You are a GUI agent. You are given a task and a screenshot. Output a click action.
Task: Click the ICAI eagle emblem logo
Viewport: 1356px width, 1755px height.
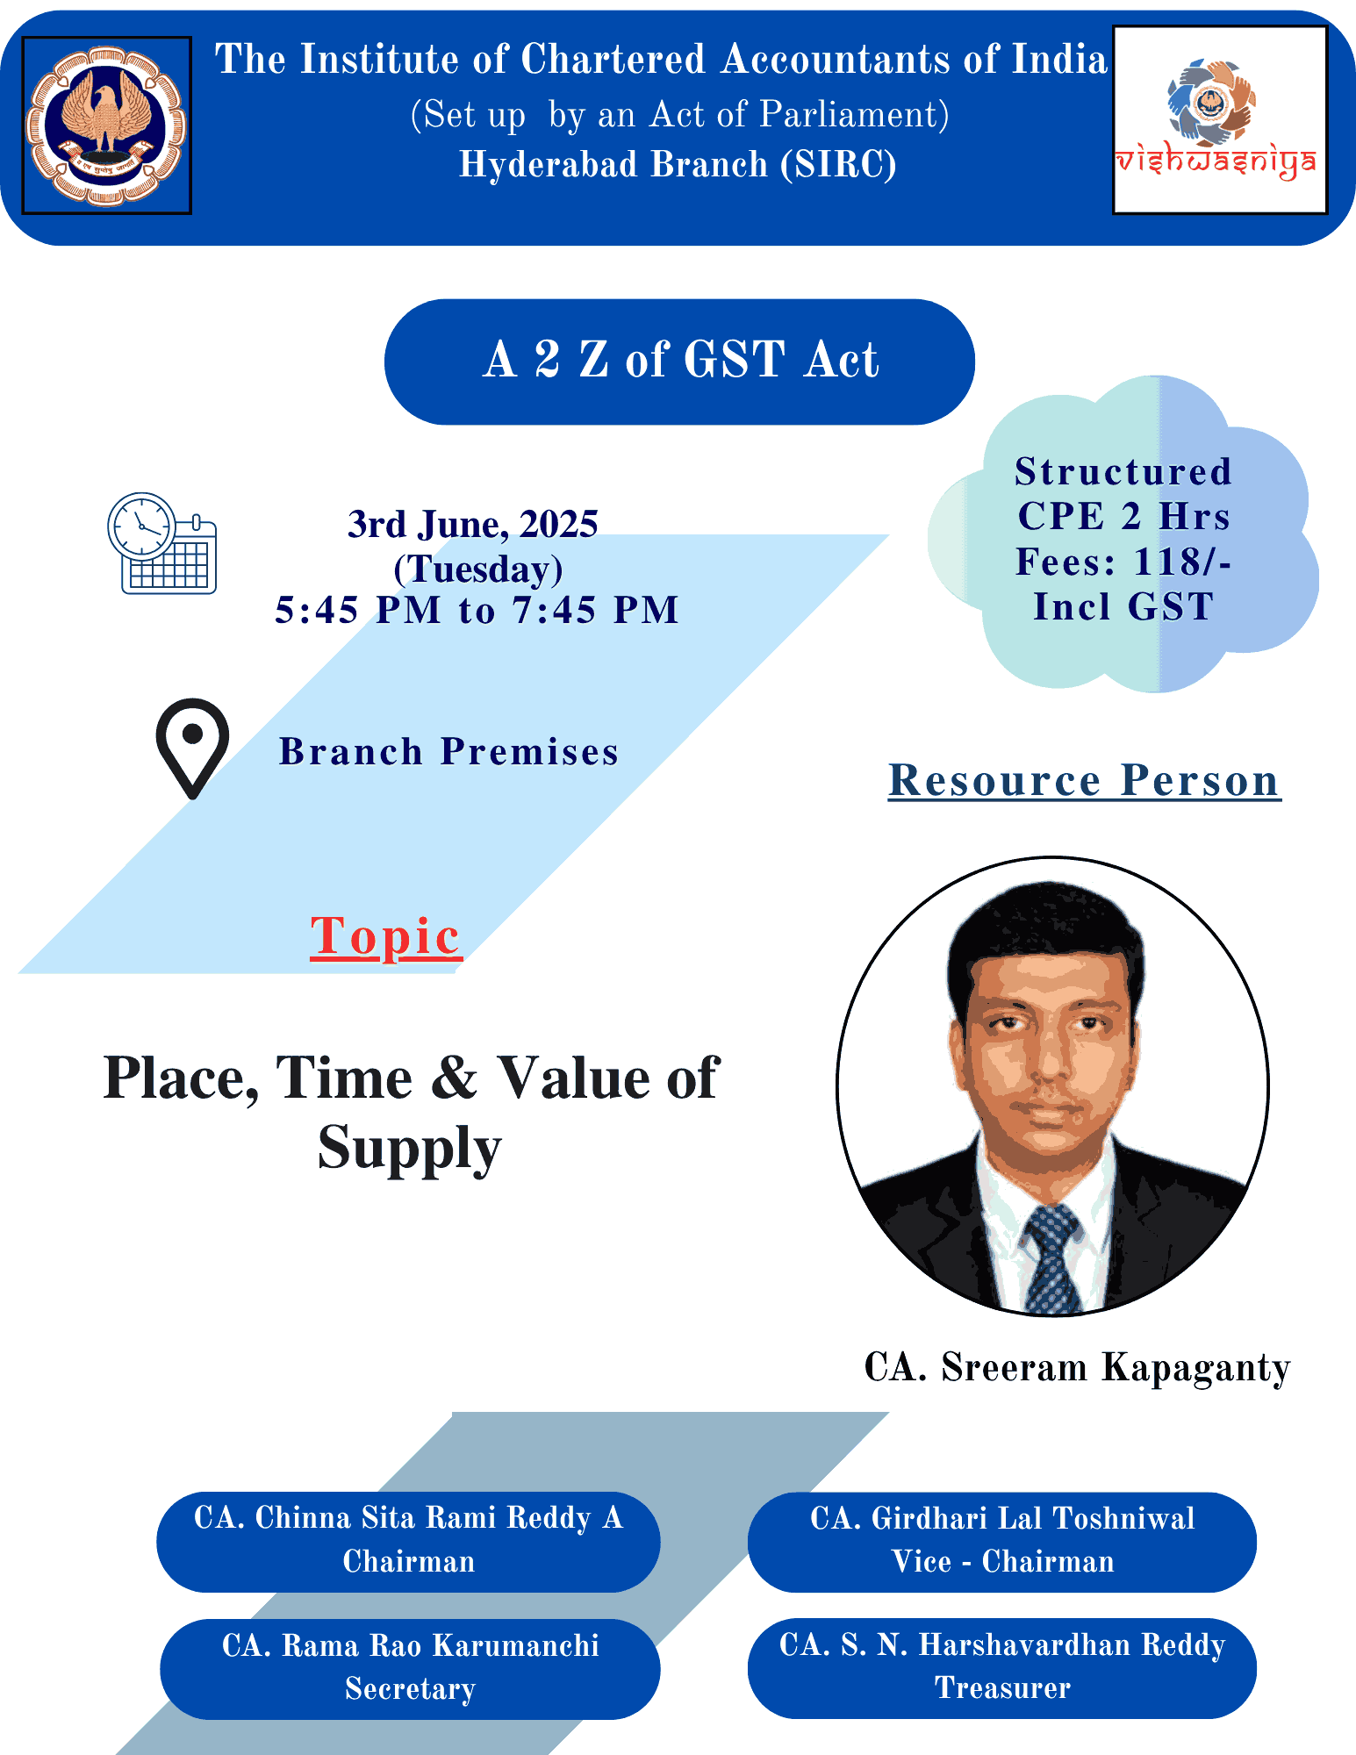tap(106, 125)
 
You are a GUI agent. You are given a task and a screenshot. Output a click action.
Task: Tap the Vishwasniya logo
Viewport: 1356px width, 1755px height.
tap(1219, 120)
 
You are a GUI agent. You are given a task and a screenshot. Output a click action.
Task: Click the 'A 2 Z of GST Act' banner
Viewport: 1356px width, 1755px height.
tap(679, 362)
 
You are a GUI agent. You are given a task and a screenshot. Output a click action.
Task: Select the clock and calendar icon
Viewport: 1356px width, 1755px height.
tap(162, 543)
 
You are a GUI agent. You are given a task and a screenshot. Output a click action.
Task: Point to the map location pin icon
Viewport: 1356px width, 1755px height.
tap(192, 747)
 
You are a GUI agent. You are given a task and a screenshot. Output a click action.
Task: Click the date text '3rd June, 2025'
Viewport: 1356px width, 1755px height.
tap(472, 525)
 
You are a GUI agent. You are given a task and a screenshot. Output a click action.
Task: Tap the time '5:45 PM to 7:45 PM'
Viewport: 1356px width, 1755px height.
tap(477, 610)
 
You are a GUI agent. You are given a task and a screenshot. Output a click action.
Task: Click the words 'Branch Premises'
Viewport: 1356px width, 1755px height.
tap(448, 752)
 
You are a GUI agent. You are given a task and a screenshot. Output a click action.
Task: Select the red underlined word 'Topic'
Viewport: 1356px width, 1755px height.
tap(385, 935)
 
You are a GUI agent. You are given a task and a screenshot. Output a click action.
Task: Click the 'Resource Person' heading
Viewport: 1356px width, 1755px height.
tap(1084, 780)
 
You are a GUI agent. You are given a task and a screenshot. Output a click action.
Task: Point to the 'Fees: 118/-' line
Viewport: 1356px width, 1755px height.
tap(1123, 562)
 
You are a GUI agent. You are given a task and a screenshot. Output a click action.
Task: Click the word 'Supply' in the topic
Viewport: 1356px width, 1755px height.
tap(409, 1148)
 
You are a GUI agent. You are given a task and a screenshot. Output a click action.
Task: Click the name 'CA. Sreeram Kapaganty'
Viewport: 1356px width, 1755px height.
tap(1077, 1367)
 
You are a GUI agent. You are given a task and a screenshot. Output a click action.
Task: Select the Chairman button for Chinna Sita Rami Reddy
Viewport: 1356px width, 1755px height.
tap(408, 1541)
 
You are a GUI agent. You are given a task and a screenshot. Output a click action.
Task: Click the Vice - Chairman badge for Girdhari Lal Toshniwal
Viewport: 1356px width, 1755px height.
tap(1001, 1541)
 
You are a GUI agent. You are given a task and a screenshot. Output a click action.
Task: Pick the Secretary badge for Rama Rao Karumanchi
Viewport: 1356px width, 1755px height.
tap(410, 1668)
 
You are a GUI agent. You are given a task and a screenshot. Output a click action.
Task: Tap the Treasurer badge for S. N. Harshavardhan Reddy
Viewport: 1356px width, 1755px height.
tap(1001, 1667)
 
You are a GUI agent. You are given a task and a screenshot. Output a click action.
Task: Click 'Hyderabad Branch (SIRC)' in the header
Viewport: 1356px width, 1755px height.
tap(678, 165)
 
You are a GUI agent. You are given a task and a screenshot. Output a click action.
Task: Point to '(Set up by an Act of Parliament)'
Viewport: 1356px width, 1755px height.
tap(679, 115)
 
